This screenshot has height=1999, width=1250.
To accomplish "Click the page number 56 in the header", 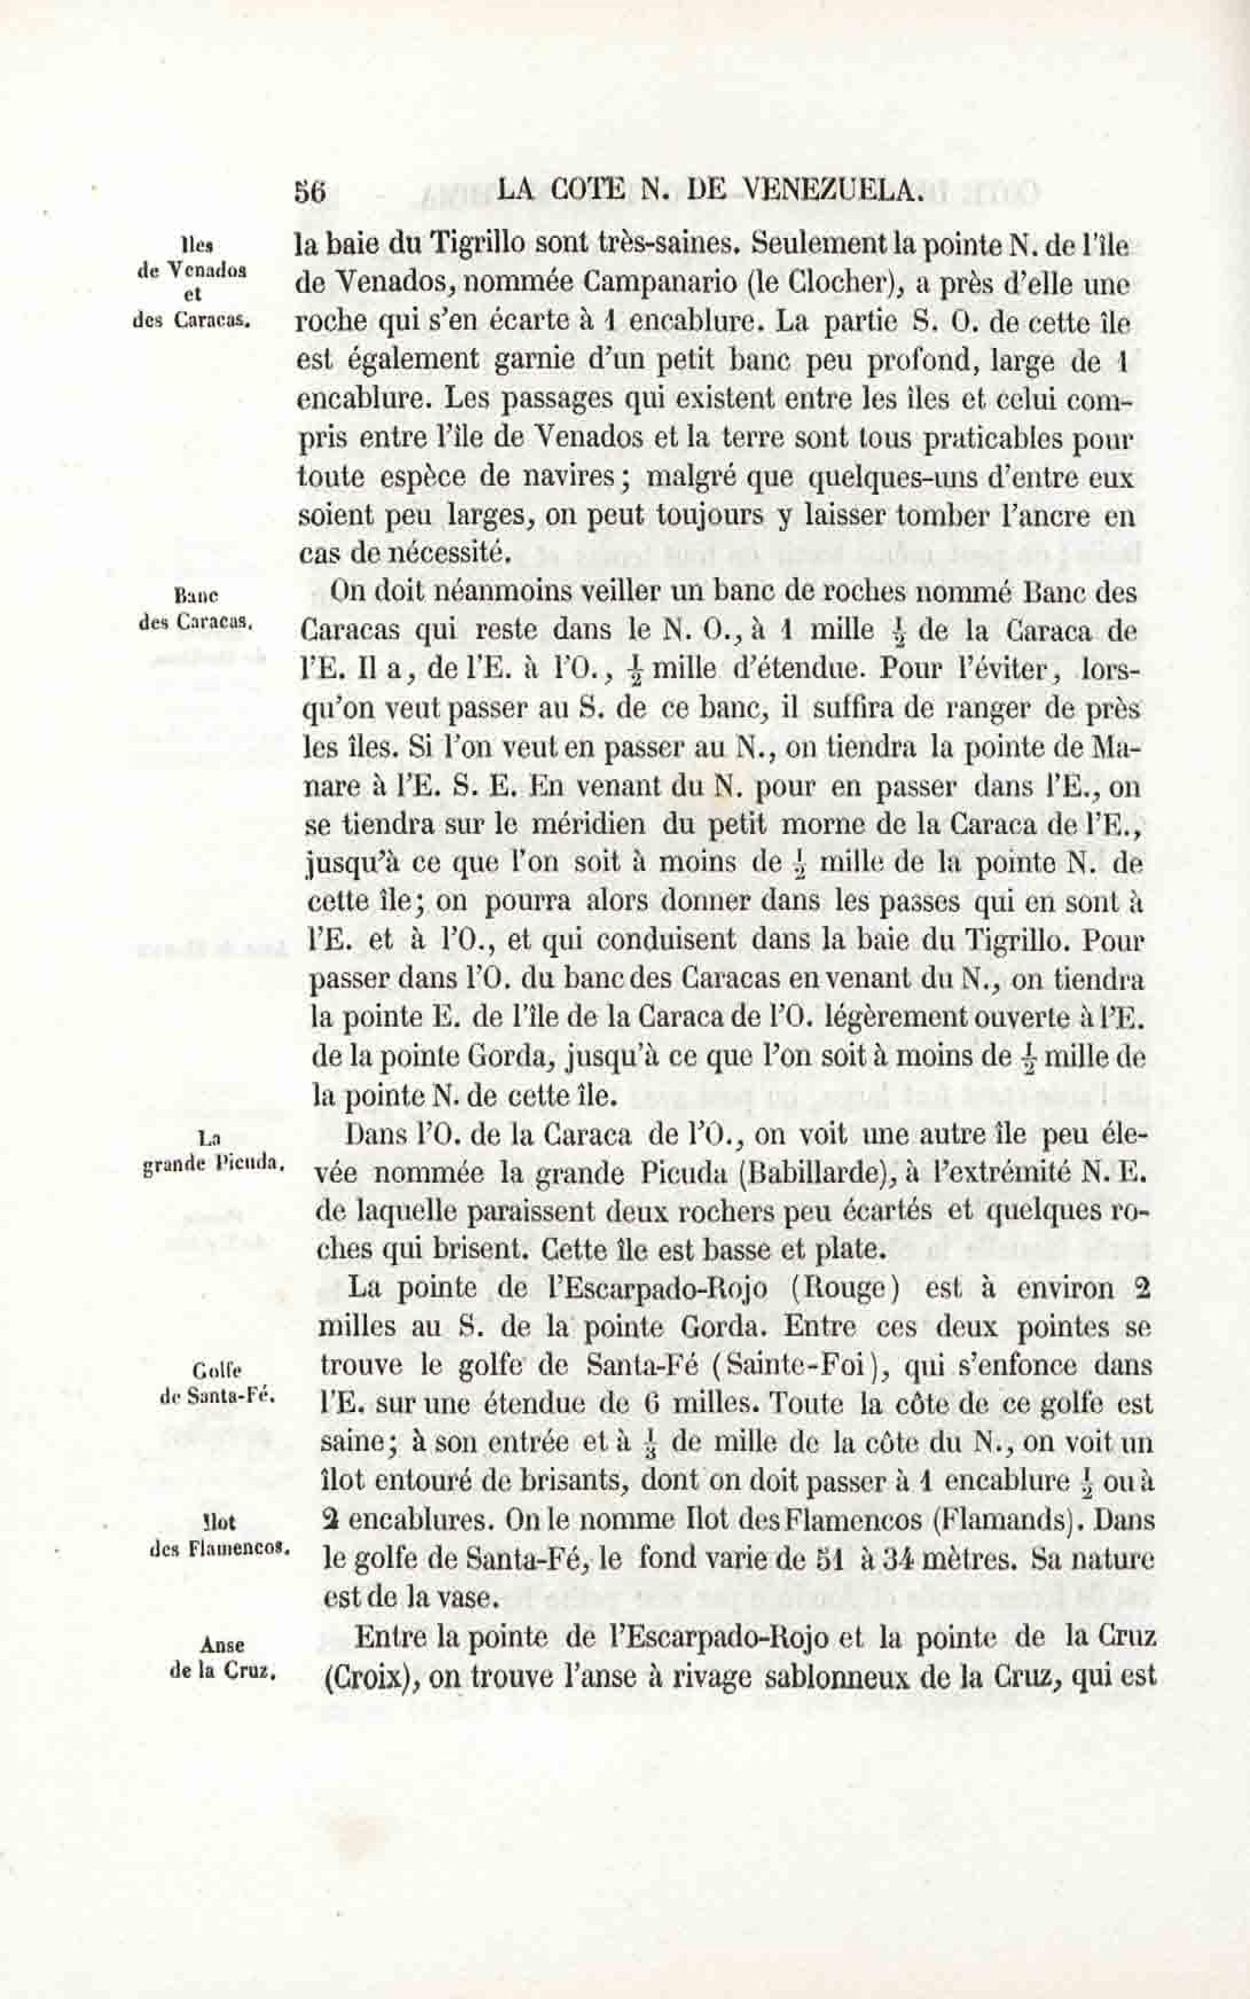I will tap(310, 192).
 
